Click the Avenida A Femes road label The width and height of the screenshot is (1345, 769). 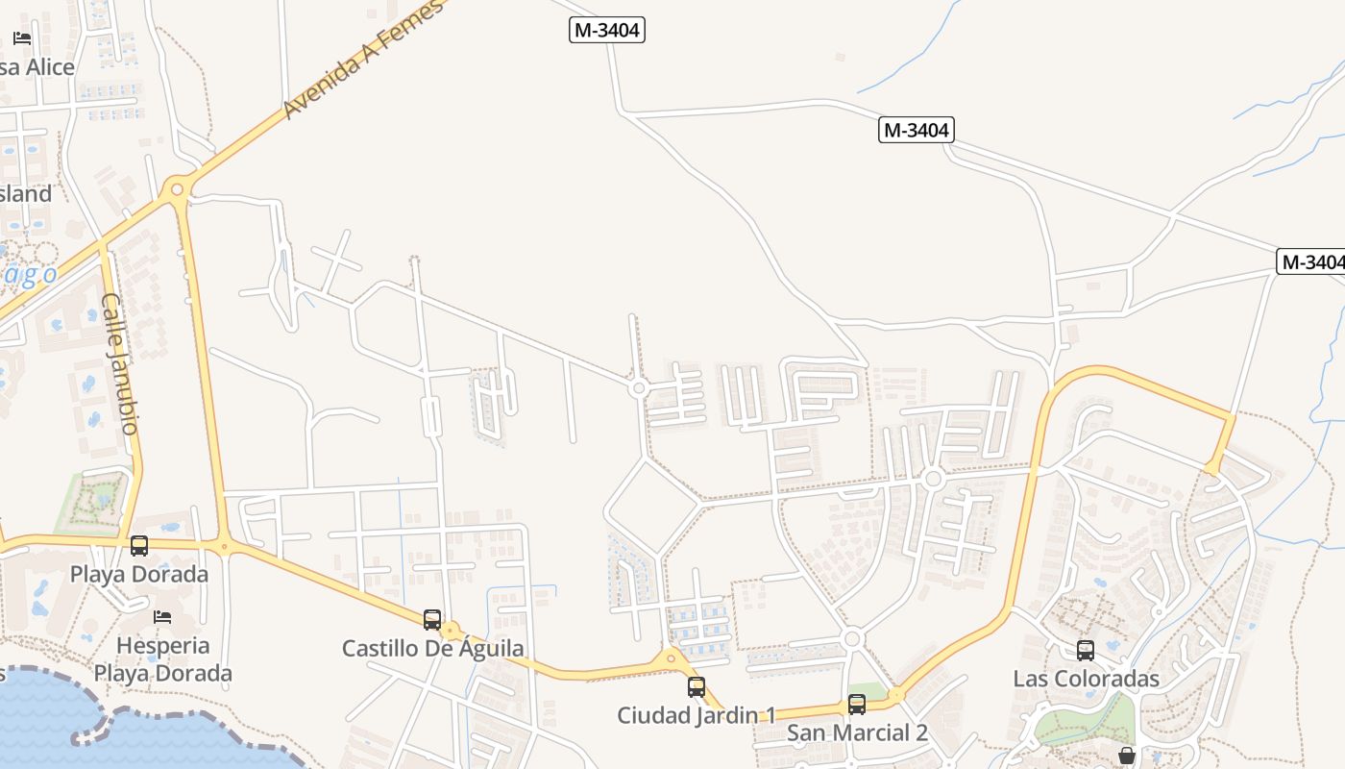pos(363,61)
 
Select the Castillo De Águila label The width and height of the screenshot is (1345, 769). pos(433,648)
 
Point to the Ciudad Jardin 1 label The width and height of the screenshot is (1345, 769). pos(697,715)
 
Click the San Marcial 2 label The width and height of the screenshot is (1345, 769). pos(857,732)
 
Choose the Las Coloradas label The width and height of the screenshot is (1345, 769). pos(1087,679)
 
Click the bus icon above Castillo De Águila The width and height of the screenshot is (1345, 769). pos(432,619)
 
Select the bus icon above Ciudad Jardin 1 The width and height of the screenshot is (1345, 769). pos(697,686)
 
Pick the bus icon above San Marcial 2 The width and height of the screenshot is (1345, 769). pos(857,704)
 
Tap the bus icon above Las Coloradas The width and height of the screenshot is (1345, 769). pos(1086,650)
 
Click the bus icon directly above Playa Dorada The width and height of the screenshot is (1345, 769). pos(139,546)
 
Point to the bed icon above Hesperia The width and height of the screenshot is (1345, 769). pos(162,615)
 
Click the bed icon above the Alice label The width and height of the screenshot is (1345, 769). pos(22,38)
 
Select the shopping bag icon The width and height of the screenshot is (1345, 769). pos(1127,756)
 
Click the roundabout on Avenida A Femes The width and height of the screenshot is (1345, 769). pos(177,188)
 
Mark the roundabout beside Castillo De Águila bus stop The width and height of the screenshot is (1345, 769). pos(451,631)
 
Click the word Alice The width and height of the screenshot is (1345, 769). pos(50,67)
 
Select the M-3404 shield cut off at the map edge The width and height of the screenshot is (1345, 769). pos(1312,261)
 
